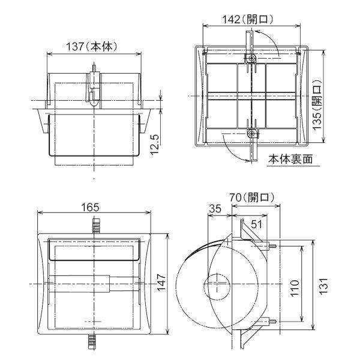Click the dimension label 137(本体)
tap(92, 47)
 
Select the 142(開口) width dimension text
tap(247, 20)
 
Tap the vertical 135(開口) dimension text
tap(317, 104)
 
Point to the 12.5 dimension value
tap(155, 145)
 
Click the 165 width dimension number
tap(90, 208)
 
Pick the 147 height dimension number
tap(161, 283)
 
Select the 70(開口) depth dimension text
tap(252, 197)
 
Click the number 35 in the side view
tap(215, 208)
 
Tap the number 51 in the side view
tap(256, 224)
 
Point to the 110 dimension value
tap(295, 288)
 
